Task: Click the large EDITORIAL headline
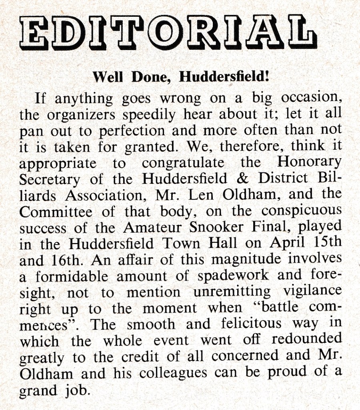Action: point(168,32)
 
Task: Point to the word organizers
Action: point(80,115)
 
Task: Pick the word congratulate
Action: point(182,163)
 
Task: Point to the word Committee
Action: point(56,211)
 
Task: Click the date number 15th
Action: point(325,243)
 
